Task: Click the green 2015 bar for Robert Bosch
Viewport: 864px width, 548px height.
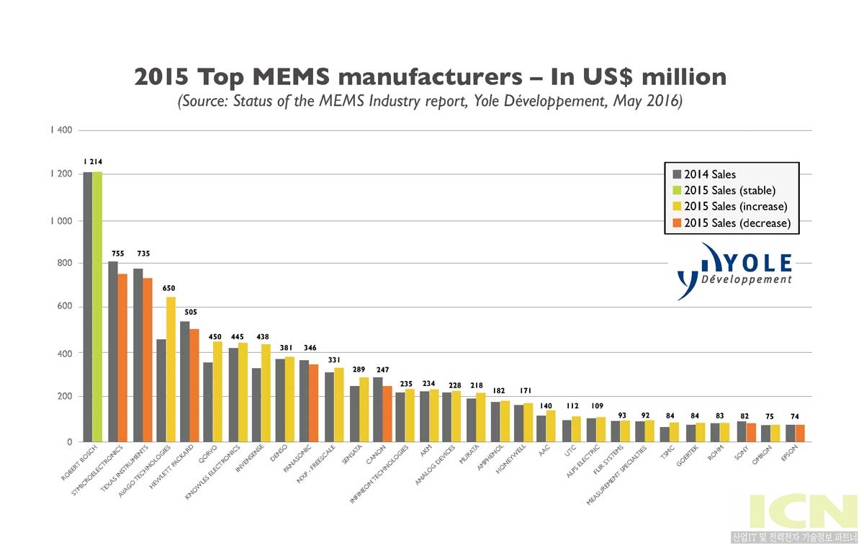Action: click(x=97, y=306)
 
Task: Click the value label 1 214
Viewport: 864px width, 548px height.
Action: click(x=92, y=162)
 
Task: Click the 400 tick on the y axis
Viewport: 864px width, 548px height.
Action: click(x=63, y=354)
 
